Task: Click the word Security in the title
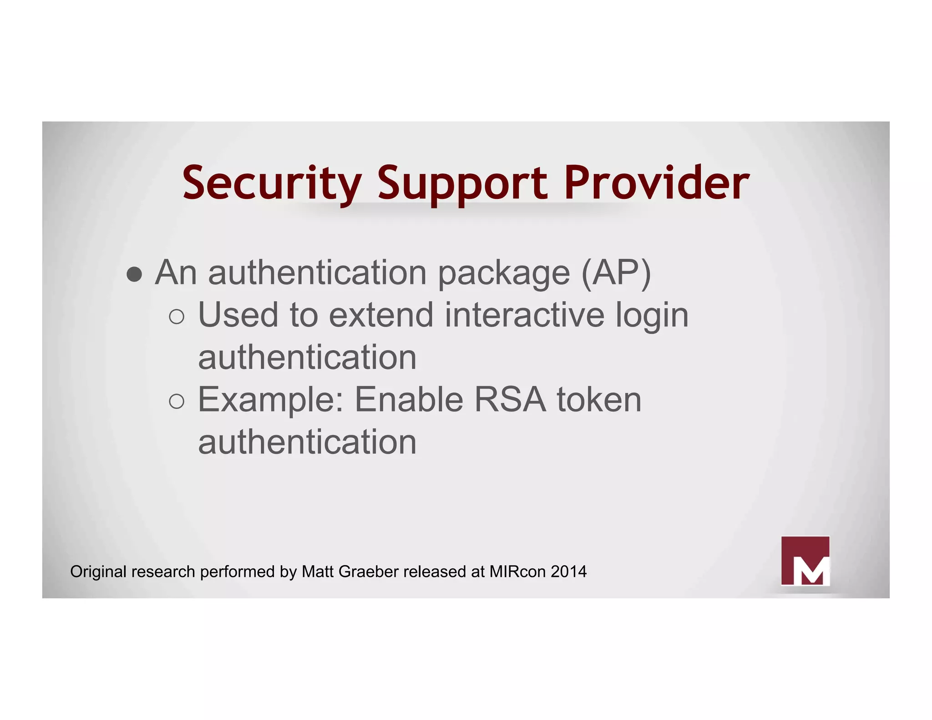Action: coord(272,183)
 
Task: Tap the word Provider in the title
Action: coord(656,183)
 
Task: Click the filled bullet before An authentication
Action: coord(134,274)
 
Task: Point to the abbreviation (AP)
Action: coord(616,273)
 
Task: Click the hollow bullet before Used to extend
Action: coord(177,316)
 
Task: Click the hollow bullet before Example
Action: coord(177,401)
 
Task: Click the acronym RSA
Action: coord(510,400)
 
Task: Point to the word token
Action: coord(599,400)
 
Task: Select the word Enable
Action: coord(409,400)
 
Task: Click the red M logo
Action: coord(805,561)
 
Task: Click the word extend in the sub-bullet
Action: coord(381,315)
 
